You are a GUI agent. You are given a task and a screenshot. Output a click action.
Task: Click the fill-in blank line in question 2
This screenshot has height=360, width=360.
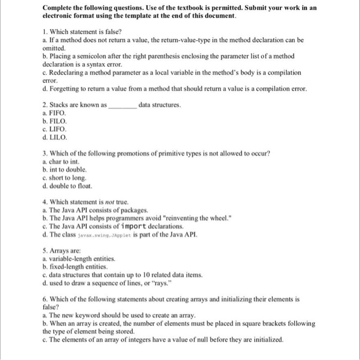[122, 105]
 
